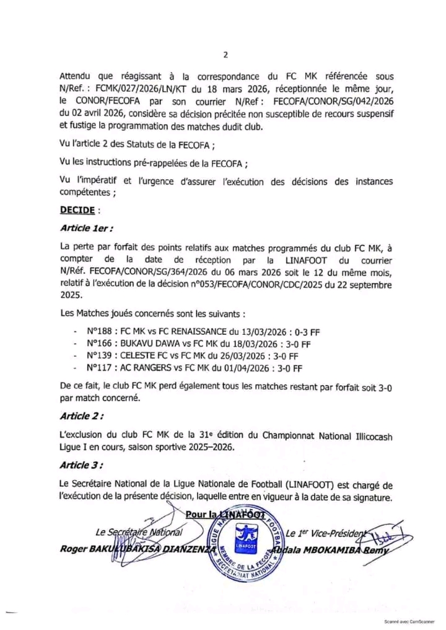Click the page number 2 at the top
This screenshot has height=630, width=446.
coord(225,55)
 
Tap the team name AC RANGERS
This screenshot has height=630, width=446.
coord(143,368)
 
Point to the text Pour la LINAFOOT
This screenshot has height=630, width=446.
coord(225,513)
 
